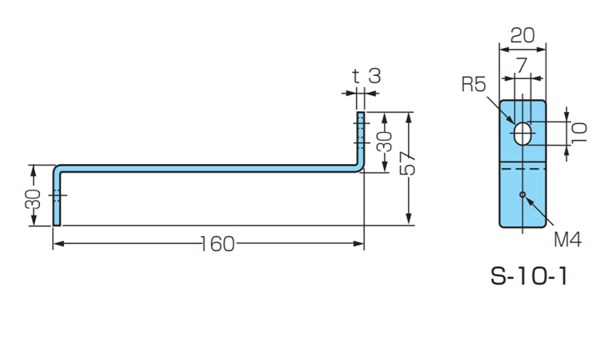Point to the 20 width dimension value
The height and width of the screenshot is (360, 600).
(522, 35)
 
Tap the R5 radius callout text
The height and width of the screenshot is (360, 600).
(473, 84)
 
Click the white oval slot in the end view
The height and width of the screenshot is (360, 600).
(522, 133)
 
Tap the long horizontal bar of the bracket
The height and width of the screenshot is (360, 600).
(208, 167)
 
